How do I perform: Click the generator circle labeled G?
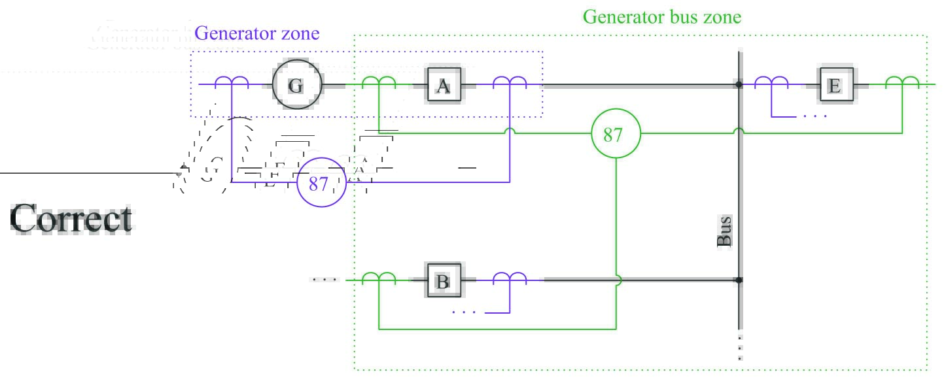[x=296, y=84]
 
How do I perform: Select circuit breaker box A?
[x=444, y=85]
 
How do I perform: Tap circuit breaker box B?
[x=444, y=281]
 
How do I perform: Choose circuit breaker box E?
[x=835, y=85]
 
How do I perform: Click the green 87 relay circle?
[x=614, y=135]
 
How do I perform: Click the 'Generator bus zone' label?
[x=662, y=17]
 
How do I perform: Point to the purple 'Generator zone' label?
[x=257, y=33]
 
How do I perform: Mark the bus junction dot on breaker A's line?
[x=739, y=84]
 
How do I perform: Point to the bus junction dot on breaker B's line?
[x=739, y=280]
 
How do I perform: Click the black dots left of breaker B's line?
[x=324, y=280]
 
